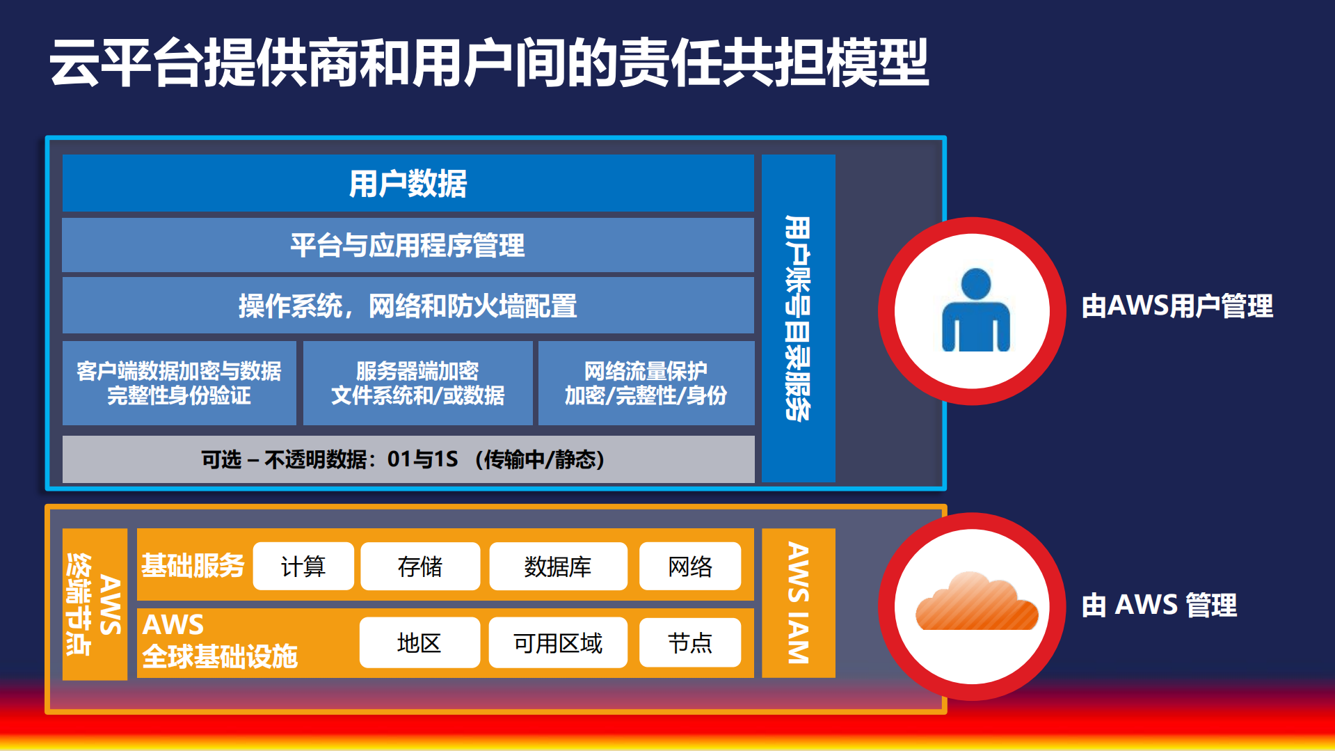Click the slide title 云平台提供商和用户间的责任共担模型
coord(488,63)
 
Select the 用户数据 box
coord(408,184)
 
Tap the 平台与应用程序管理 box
coord(408,245)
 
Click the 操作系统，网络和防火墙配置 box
coord(408,306)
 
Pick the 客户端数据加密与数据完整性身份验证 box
coord(179,383)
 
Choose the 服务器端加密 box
coord(417,383)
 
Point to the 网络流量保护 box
coord(646,383)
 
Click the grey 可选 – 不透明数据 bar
coord(408,459)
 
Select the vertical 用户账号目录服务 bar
coord(798,318)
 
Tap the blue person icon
coord(975,311)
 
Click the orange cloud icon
coord(976,603)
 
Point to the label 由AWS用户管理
coord(1177,306)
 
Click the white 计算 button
coord(303,567)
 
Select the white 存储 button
coord(420,567)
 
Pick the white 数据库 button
coord(558,567)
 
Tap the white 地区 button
coord(419,642)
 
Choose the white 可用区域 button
coord(558,642)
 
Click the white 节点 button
coord(690,642)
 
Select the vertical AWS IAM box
coord(798,603)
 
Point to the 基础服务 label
coord(193,566)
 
